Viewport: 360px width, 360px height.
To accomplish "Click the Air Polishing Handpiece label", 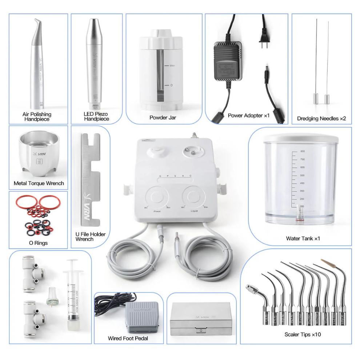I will tap(37, 116).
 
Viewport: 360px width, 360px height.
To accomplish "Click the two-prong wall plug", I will tap(263, 35).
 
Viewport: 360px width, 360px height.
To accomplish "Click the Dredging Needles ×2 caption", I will tap(321, 119).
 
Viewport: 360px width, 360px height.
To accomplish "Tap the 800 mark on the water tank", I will tap(302, 151).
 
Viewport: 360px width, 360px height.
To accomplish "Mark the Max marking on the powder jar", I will tap(172, 66).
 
